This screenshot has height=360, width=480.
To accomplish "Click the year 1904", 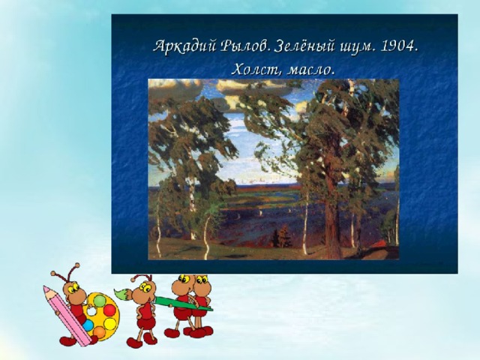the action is pos(399,46).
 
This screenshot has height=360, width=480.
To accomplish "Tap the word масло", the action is pos(311,70).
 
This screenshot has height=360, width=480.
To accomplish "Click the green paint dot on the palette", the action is pos(100,301).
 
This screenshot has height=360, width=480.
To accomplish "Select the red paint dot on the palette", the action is pos(109,310).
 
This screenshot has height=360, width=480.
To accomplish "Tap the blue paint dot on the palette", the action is pos(88,325).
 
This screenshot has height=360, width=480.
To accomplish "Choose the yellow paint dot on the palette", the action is pos(110,323).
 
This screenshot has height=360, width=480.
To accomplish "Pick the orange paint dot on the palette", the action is pos(100,332).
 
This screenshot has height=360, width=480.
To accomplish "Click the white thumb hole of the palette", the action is pos(91,311).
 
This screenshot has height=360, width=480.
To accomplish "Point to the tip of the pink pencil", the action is pos(45,287).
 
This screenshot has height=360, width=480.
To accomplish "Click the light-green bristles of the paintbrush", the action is pos(122,293).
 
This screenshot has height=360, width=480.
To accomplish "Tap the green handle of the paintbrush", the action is pos(183,304).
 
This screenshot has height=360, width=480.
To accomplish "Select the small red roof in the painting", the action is pos(380,244).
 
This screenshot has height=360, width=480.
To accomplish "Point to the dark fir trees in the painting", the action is pos(282,236).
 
